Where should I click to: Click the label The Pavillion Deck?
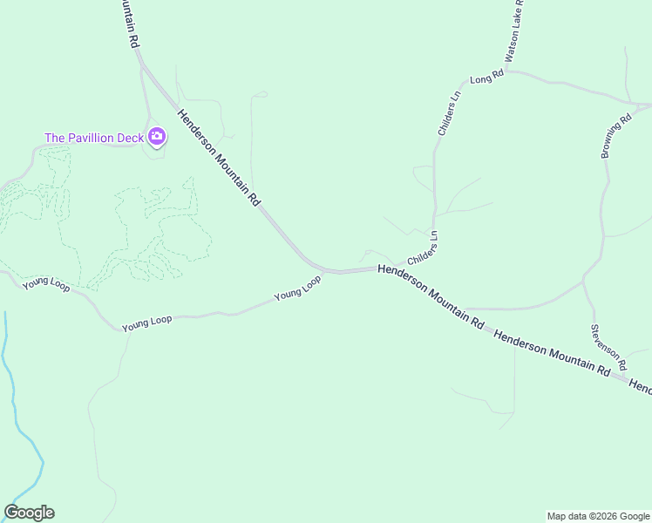pyautogui.click(x=94, y=138)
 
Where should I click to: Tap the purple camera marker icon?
pyautogui.click(x=157, y=135)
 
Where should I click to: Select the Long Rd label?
pyautogui.click(x=486, y=78)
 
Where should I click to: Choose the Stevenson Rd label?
pyautogui.click(x=608, y=344)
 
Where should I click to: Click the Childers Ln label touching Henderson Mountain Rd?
pyautogui.click(x=422, y=248)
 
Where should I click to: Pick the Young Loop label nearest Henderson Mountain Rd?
pyautogui.click(x=297, y=288)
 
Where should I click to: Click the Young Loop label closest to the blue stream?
pyautogui.click(x=46, y=283)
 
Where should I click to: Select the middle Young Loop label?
pyautogui.click(x=146, y=323)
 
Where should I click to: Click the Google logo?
pyautogui.click(x=29, y=513)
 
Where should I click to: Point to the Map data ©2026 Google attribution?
pyautogui.click(x=598, y=516)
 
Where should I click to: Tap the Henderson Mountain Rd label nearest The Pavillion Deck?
pyautogui.click(x=218, y=157)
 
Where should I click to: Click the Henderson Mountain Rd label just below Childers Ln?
pyautogui.click(x=431, y=296)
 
